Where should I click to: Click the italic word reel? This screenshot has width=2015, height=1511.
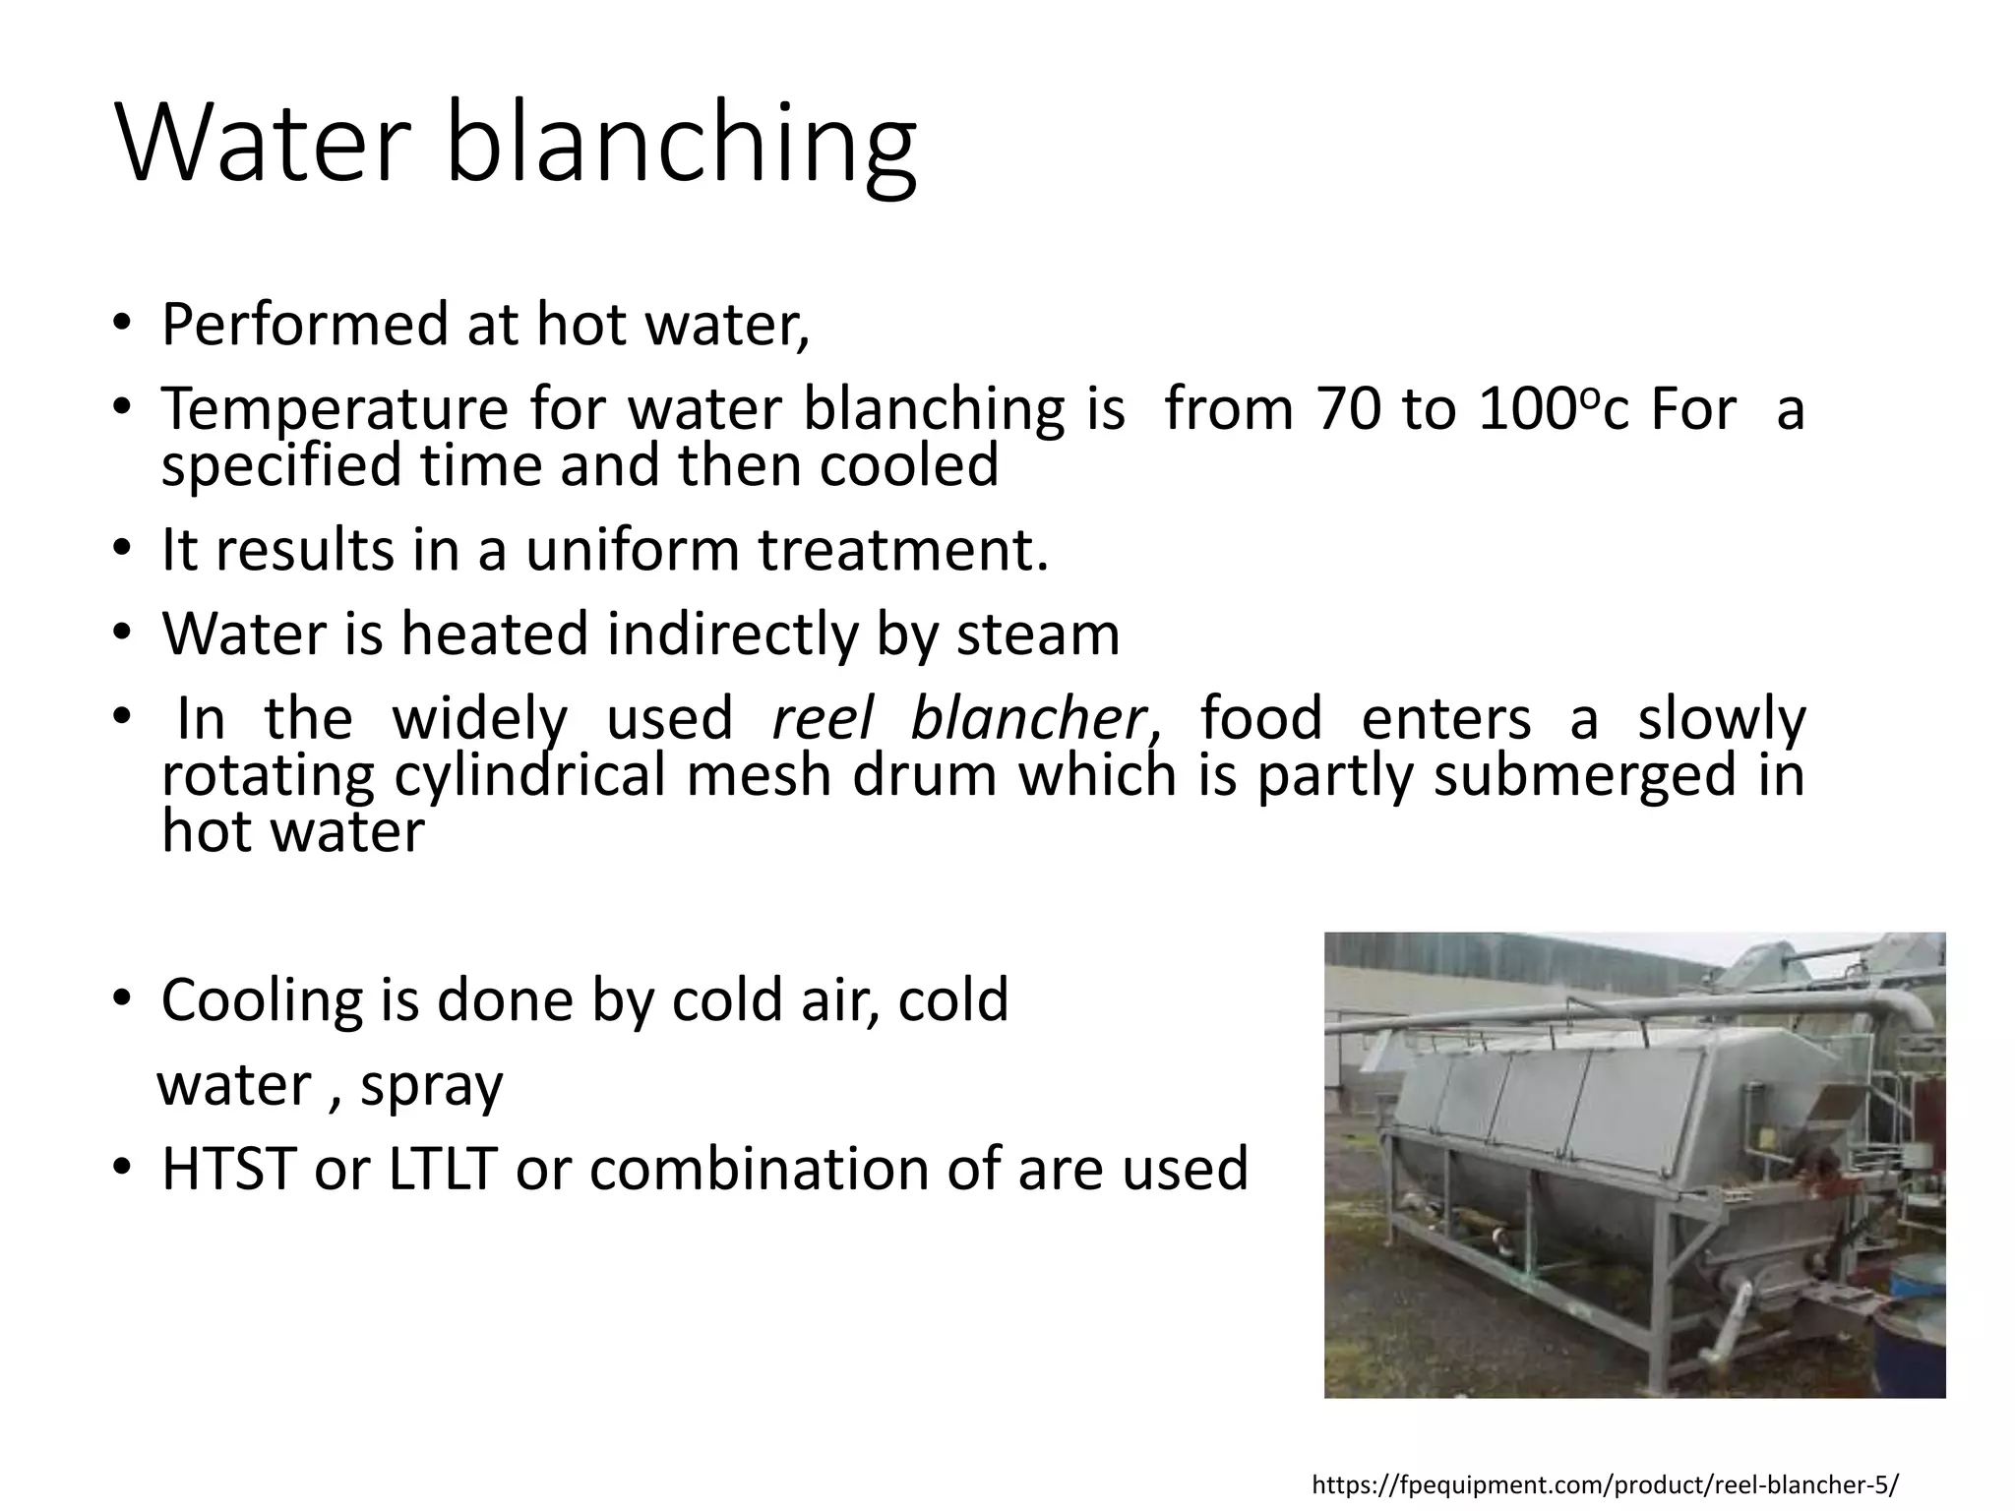click(822, 718)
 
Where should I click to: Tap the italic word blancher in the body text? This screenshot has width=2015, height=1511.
click(1027, 718)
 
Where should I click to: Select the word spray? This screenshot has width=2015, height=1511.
click(431, 1085)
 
